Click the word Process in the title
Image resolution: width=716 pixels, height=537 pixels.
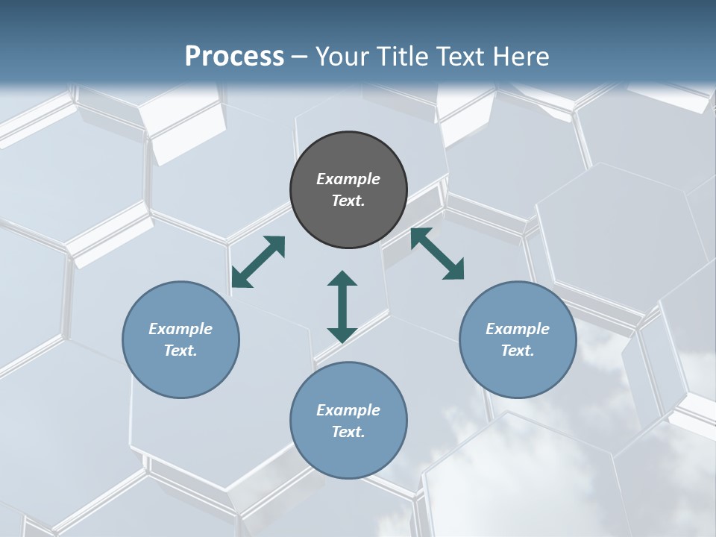(234, 57)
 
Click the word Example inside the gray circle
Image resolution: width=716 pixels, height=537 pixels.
(348, 179)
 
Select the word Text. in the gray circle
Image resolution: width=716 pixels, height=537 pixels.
(348, 201)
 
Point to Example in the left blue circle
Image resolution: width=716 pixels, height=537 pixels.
(180, 329)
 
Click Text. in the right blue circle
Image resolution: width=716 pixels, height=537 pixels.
(518, 351)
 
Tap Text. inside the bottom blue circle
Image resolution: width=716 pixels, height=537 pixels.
(348, 432)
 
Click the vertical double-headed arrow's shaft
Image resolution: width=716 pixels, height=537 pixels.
(342, 307)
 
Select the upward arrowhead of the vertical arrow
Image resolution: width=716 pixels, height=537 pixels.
(342, 279)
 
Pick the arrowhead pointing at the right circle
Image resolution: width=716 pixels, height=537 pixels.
(454, 271)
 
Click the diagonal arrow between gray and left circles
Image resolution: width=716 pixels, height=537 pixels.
(258, 262)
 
